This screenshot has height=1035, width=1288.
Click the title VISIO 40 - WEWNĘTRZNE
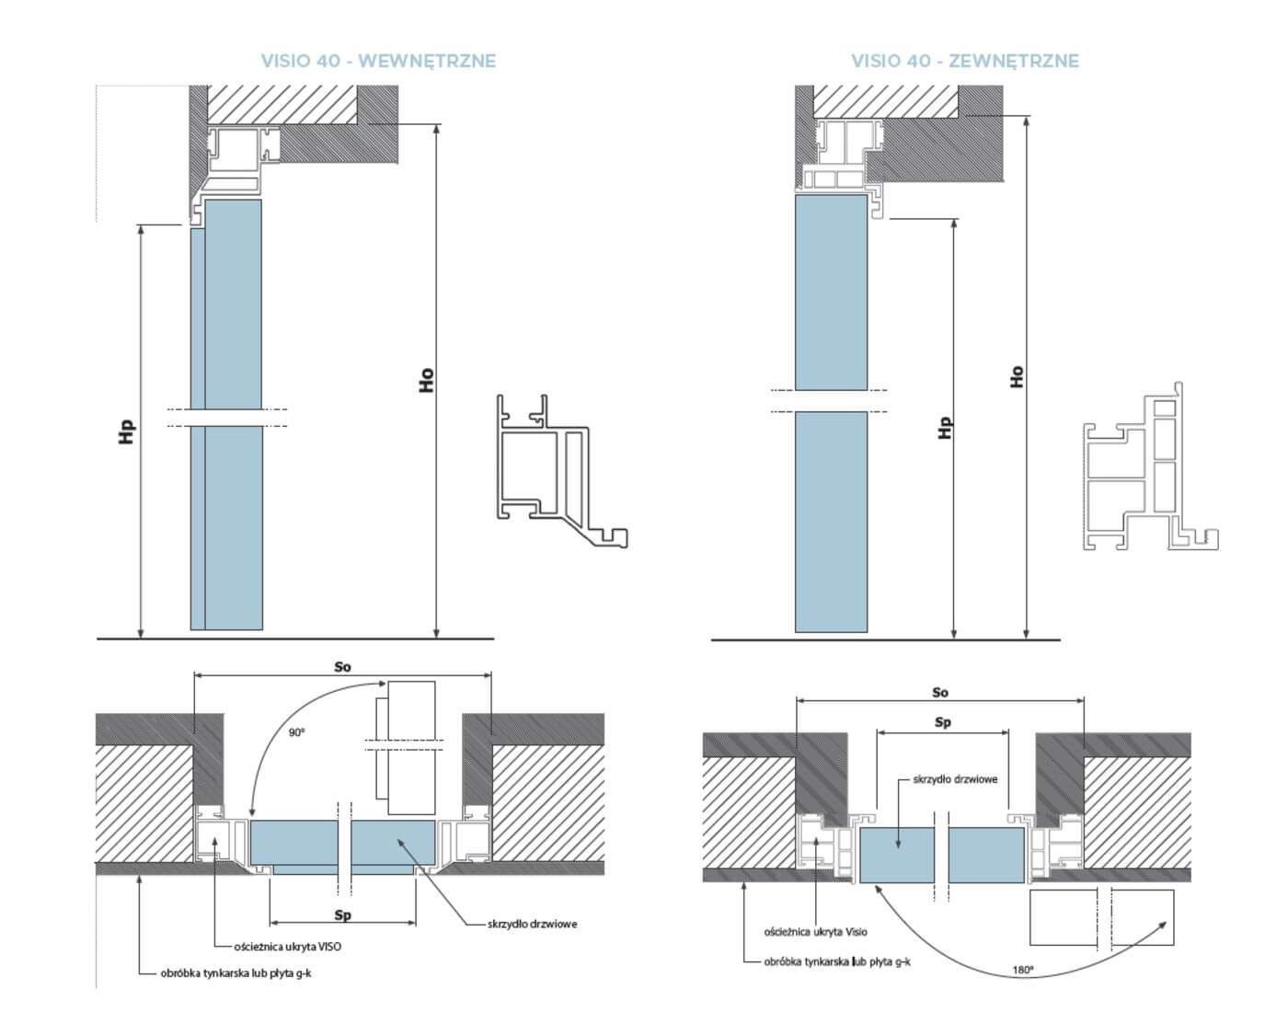coord(378,61)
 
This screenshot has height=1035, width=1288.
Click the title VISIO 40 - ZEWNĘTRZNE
coord(965,61)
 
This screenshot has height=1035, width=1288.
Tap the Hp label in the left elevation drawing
coord(126,432)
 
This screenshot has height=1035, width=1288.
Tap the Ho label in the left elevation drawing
coord(426,380)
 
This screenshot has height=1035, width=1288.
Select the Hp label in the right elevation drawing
coord(945,428)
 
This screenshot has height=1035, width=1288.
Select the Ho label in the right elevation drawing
coord(1017,376)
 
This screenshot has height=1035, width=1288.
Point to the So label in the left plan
coord(342,667)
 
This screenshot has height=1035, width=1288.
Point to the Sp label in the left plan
coord(343,915)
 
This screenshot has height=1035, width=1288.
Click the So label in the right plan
coord(940,693)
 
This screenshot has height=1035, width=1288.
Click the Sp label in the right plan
coord(943,722)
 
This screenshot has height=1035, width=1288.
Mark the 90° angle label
coord(296,732)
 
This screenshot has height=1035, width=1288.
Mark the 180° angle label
coord(1023,970)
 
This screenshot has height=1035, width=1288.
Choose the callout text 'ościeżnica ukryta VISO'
coord(287,947)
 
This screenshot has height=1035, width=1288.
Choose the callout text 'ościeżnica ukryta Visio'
coord(815,932)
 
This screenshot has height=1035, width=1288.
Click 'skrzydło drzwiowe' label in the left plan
coord(532,924)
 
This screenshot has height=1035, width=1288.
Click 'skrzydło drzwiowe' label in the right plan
coord(955,779)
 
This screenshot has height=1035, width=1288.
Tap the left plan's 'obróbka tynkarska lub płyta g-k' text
coord(236,973)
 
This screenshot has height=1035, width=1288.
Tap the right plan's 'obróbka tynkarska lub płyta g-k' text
coord(837,962)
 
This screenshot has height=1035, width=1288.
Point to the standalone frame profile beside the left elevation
coord(561,471)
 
